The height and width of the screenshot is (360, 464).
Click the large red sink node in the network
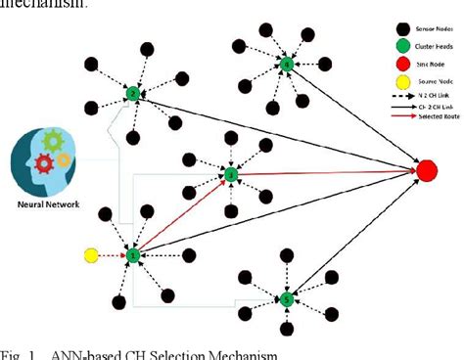tap(427, 170)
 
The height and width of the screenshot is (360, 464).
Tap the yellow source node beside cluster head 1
tap(91, 256)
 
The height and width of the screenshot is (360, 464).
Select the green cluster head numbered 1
tap(133, 256)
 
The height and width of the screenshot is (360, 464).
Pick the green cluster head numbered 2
tap(133, 94)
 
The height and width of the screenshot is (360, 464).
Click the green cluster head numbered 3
tap(231, 175)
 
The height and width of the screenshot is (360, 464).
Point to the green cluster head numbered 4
tap(286, 65)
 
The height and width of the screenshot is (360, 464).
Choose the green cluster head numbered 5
tap(286, 298)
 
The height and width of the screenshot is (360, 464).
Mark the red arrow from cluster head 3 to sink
tap(323, 173)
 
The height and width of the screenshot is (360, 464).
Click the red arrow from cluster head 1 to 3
tap(181, 216)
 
